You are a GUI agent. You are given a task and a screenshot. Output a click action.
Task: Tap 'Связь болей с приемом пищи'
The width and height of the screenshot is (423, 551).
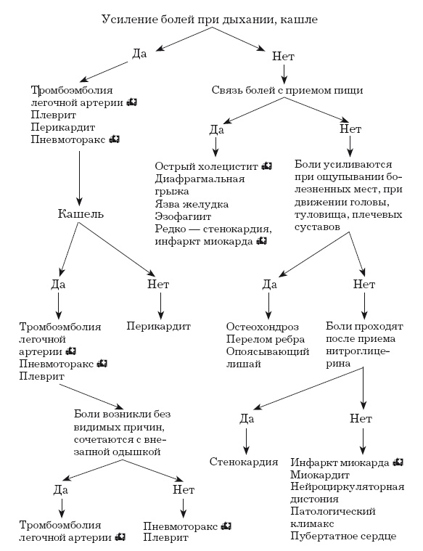tap(287, 90)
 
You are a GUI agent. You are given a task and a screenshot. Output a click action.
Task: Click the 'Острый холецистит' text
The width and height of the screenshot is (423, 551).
tap(207, 166)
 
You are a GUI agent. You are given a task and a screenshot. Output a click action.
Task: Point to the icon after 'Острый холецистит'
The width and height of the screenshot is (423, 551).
tap(267, 166)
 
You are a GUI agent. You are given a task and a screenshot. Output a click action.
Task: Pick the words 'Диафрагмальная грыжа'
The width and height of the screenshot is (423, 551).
tap(200, 185)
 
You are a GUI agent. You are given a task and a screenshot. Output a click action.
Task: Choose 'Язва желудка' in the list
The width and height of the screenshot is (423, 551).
tap(192, 204)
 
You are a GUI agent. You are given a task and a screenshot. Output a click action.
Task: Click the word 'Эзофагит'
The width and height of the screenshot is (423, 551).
tap(181, 216)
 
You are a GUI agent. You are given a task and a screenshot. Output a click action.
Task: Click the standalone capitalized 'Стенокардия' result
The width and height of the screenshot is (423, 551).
tap(244, 461)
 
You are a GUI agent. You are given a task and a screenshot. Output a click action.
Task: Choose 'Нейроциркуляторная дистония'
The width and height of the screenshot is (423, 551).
tap(346, 493)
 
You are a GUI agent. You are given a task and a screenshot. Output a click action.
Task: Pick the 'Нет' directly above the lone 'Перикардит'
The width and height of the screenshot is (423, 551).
tap(157, 284)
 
